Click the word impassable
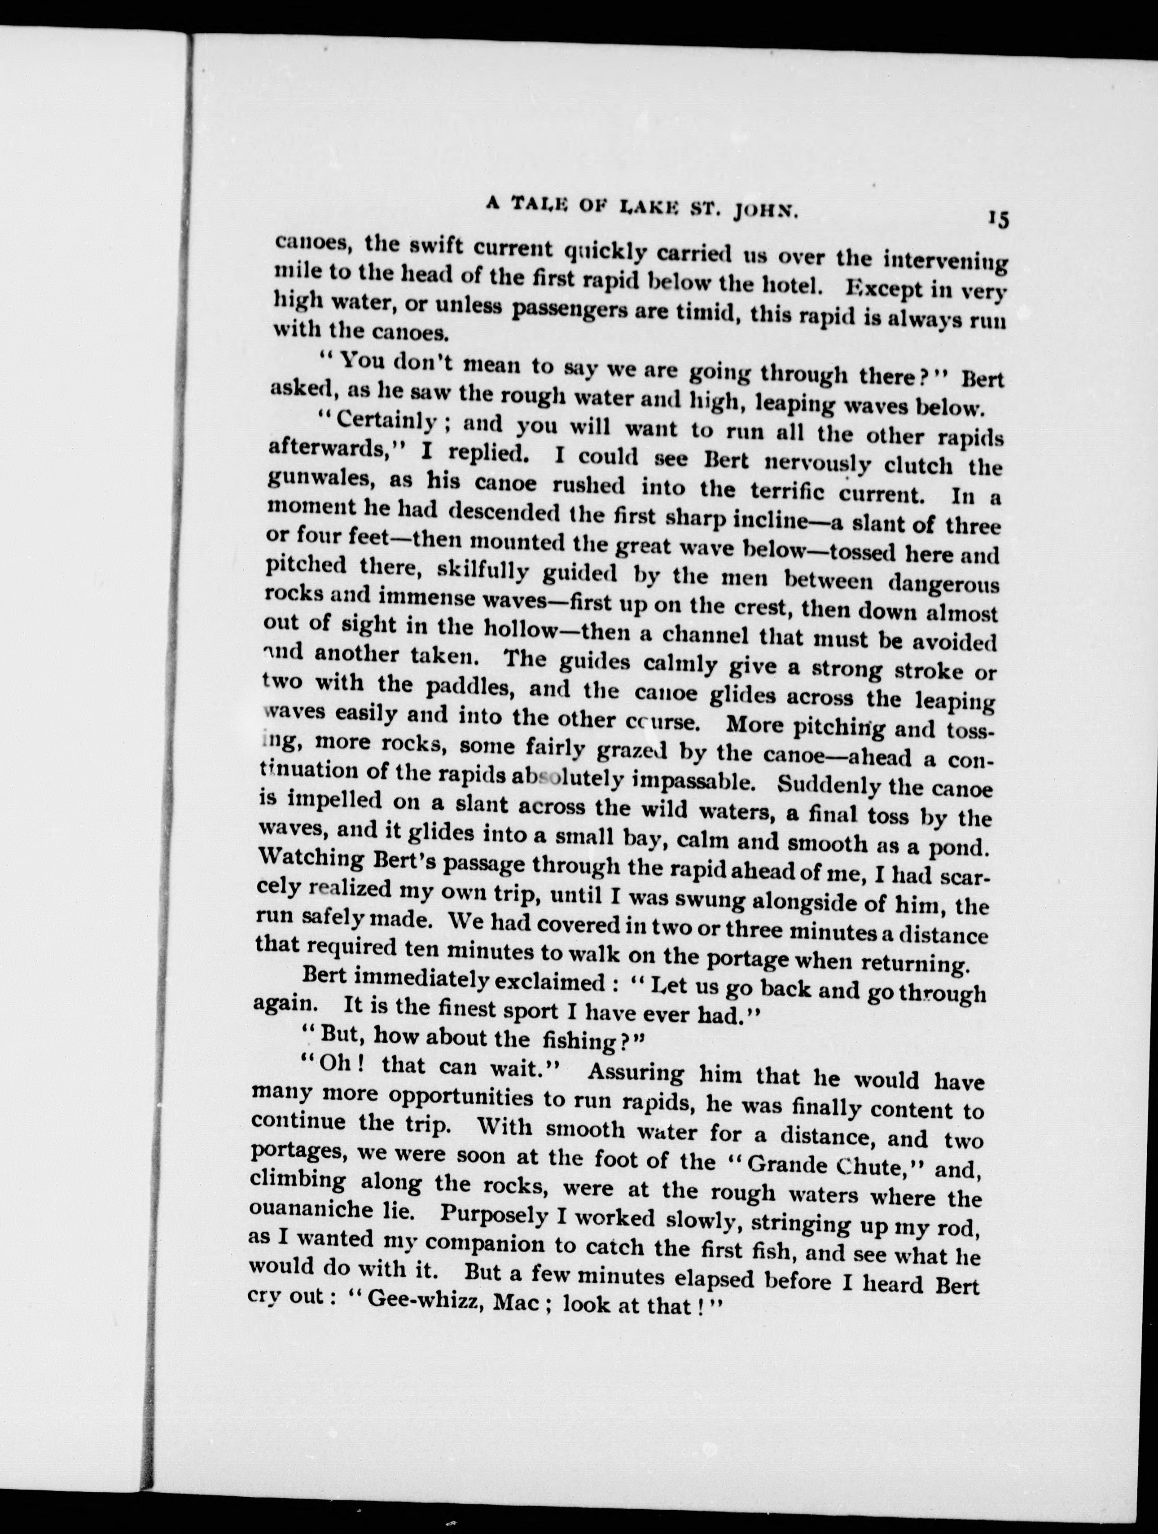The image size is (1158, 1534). [x=693, y=780]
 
